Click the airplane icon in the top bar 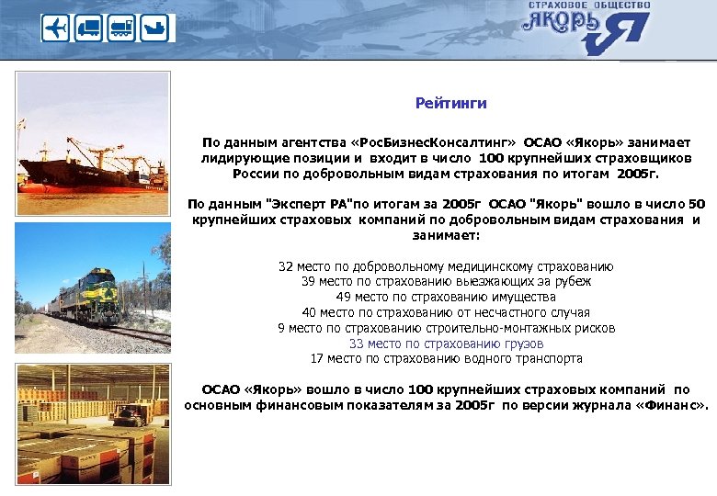55,29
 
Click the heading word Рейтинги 450,104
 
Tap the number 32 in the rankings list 287,267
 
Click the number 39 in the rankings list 309,282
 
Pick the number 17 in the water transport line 318,358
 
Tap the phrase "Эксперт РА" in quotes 297,203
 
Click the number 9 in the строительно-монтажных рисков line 280,328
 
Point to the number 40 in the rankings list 309,312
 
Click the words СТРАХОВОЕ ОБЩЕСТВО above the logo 589,6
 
